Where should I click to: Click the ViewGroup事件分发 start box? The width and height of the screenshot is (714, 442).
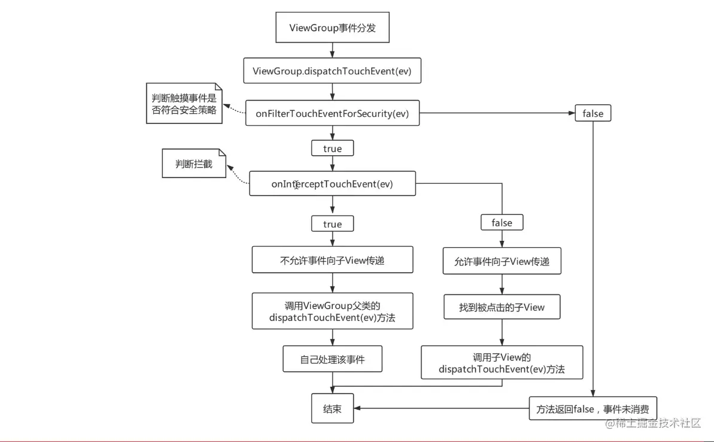(x=332, y=28)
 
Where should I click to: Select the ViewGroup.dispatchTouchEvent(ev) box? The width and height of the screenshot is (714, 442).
(x=332, y=71)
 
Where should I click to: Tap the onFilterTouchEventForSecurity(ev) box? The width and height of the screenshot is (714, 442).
(x=332, y=114)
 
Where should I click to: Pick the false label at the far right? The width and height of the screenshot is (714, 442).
(x=593, y=113)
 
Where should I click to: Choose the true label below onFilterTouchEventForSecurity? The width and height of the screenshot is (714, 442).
(x=332, y=148)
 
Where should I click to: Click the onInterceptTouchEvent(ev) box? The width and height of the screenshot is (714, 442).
(x=332, y=184)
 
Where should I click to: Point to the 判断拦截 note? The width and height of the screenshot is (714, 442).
(x=194, y=164)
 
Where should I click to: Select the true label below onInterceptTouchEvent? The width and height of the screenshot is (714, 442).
(x=332, y=224)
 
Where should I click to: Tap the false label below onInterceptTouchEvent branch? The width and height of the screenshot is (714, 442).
(x=502, y=223)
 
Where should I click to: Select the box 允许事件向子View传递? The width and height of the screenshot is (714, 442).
(x=502, y=261)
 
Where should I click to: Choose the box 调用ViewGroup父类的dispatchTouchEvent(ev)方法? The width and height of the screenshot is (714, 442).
(x=332, y=311)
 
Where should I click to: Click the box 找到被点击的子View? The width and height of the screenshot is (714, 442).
(x=502, y=307)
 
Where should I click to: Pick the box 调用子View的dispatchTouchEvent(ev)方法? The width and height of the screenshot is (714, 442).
(x=502, y=362)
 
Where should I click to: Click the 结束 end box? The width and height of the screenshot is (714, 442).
(x=332, y=409)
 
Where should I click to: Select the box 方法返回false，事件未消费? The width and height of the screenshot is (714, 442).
(x=593, y=409)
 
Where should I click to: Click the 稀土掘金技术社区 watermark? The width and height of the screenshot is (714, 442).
(x=652, y=423)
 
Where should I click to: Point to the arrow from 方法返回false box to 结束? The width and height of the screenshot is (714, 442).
(x=443, y=409)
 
